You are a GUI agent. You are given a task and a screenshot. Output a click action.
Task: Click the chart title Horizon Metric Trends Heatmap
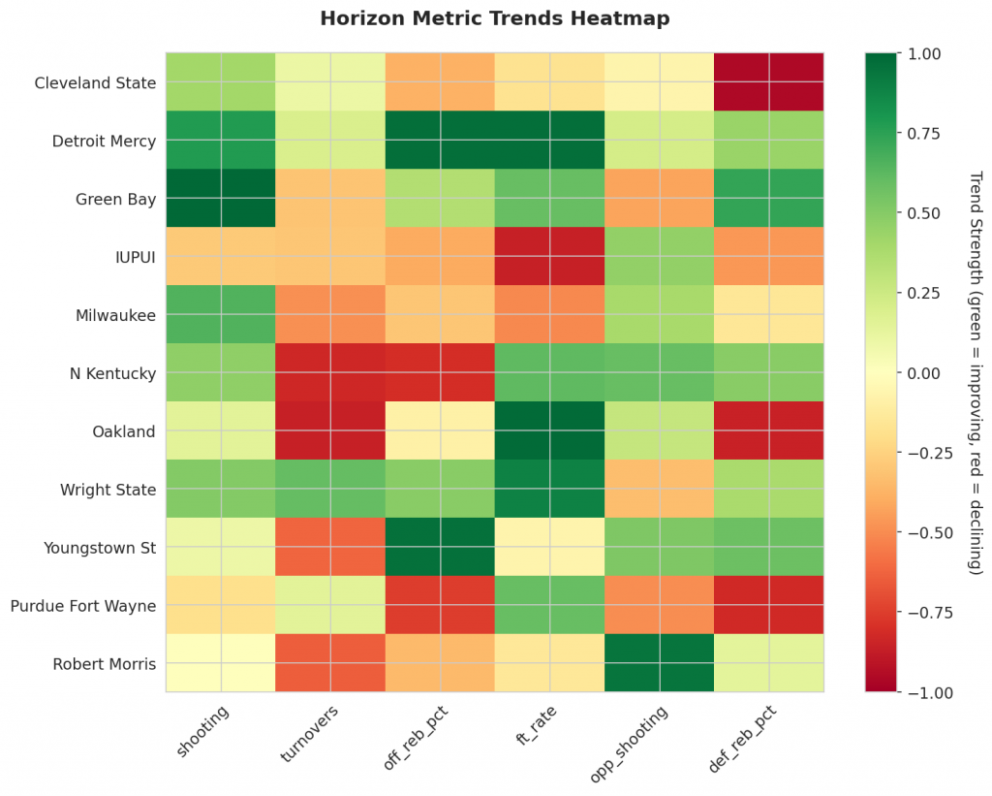click(x=495, y=18)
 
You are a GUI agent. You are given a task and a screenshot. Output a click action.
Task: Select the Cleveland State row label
click(x=95, y=82)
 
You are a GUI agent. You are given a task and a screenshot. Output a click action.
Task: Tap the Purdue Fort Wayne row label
click(x=83, y=606)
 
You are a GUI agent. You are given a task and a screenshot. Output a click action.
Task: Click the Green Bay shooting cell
click(x=220, y=199)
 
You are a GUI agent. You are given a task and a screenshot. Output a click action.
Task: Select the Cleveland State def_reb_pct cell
click(x=768, y=82)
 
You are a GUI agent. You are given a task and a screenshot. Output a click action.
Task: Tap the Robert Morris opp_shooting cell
click(x=659, y=664)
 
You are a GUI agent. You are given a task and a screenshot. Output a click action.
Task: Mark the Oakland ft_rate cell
click(x=549, y=431)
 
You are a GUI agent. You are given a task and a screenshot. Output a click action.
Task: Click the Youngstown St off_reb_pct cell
click(x=439, y=548)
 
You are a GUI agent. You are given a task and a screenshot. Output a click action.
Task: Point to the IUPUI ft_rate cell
click(x=549, y=257)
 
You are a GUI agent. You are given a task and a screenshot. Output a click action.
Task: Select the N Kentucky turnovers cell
click(x=329, y=373)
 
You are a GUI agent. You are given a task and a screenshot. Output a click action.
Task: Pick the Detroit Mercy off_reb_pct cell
click(x=439, y=141)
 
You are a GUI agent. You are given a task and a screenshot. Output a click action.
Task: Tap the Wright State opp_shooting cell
click(x=659, y=490)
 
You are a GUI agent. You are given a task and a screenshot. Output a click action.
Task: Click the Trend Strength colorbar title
click(x=976, y=373)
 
